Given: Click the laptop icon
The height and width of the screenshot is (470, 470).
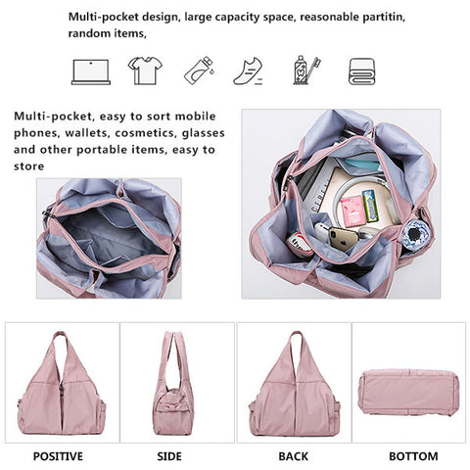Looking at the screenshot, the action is pyautogui.click(x=91, y=72).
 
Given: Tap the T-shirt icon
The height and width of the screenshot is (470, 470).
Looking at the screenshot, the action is pyautogui.click(x=145, y=70).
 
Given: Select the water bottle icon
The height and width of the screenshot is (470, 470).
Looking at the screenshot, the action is pyautogui.click(x=199, y=70).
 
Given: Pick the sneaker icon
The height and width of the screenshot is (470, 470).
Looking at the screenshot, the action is pyautogui.click(x=248, y=71).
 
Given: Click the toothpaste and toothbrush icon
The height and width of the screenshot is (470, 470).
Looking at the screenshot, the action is pyautogui.click(x=306, y=70).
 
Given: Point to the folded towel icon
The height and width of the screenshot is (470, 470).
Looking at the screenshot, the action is pyautogui.click(x=361, y=71).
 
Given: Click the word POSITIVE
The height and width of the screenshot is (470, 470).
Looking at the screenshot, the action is pyautogui.click(x=58, y=456).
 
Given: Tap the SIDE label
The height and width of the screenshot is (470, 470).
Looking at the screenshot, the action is pyautogui.click(x=169, y=456).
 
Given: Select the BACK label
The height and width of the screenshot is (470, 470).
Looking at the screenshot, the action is pyautogui.click(x=293, y=456).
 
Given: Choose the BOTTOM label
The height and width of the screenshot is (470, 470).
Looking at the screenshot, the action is pyautogui.click(x=413, y=456).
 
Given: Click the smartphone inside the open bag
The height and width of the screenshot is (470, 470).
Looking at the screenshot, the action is pyautogui.click(x=343, y=238).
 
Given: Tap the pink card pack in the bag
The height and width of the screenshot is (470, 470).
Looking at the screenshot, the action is pyautogui.click(x=352, y=211).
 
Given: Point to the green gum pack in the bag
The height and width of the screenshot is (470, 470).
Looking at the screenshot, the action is pyautogui.click(x=370, y=206).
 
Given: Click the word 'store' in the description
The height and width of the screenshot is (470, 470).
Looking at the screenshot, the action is pyautogui.click(x=28, y=166).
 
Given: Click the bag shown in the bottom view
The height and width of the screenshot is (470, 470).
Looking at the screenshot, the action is pyautogui.click(x=408, y=393).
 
